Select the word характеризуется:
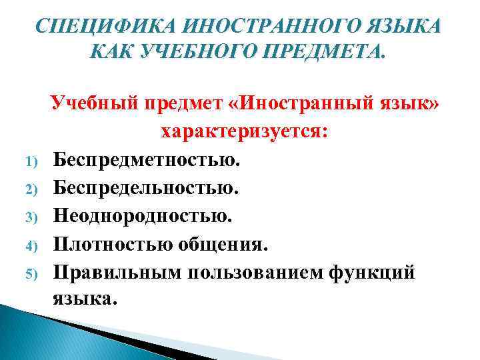(x=243, y=133)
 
